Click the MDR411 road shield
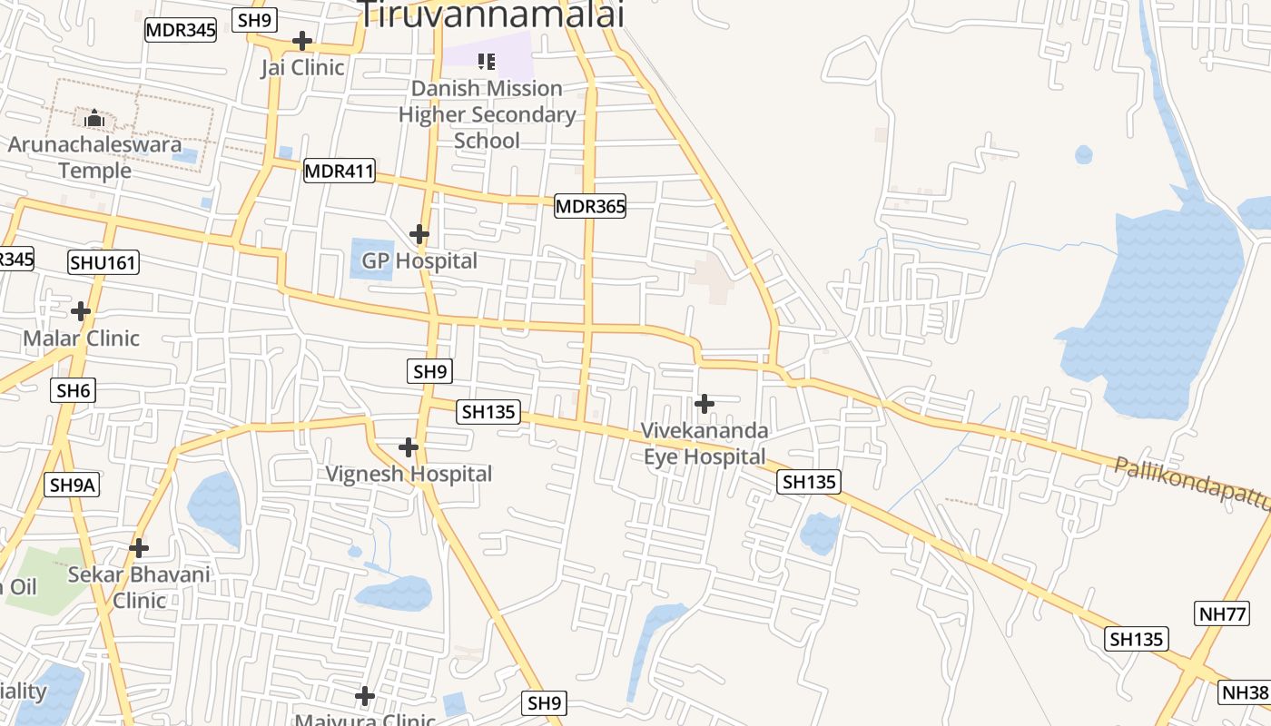pos(339,170)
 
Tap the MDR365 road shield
pos(590,206)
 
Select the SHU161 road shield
pos(103,263)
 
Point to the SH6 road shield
pos(74,390)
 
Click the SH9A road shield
pos(72,485)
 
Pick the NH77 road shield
pos(1222,613)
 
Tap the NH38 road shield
pos(1245,692)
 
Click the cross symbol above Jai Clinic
pos(302,41)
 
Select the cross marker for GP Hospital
pos(419,234)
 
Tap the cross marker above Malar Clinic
pos(81,311)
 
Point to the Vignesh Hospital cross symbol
pos(409,446)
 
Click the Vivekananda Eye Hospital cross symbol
pos(704,403)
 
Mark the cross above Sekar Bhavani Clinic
pos(139,547)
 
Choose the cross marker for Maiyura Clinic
pos(365,696)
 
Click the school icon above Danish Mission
pos(487,61)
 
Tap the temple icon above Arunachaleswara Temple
pos(94,118)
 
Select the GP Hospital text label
pos(419,260)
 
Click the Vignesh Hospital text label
pos(409,474)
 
